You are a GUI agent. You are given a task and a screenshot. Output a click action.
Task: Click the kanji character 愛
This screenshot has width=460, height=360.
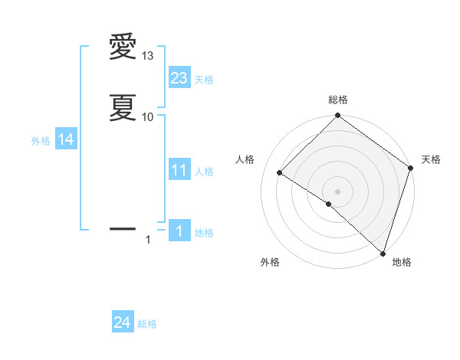click(x=123, y=47)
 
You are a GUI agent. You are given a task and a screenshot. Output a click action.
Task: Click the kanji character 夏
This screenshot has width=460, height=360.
click(x=123, y=108)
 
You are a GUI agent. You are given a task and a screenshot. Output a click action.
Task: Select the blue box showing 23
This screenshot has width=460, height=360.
click(x=179, y=77)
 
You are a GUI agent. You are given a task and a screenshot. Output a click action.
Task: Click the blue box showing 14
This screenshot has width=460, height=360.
click(x=66, y=139)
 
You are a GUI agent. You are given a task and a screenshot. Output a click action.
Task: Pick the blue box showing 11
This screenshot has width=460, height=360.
click(x=179, y=170)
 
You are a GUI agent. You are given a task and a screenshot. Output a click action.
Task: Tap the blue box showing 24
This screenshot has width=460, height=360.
click(x=123, y=323)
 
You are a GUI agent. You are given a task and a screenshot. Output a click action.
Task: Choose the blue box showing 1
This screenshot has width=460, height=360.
click(x=179, y=231)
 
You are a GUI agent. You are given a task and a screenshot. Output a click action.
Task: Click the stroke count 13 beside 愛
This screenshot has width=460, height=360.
click(x=148, y=57)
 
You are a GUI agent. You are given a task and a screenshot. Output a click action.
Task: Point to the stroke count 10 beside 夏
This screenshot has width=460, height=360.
click(x=148, y=117)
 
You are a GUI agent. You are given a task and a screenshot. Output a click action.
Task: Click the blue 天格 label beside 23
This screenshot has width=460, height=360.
click(x=204, y=79)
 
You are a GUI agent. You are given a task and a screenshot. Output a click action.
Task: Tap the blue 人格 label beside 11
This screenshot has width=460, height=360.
click(x=204, y=172)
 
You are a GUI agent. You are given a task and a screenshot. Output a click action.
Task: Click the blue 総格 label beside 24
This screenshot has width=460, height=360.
click(x=147, y=325)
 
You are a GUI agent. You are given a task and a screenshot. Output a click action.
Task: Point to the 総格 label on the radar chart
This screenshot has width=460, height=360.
click(x=337, y=100)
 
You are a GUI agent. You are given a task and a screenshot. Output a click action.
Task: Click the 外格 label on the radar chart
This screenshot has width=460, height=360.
click(x=270, y=263)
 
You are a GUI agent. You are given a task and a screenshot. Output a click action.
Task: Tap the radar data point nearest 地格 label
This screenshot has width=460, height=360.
click(x=383, y=252)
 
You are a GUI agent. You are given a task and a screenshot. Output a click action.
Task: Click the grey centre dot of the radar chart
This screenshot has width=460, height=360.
click(x=337, y=191)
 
